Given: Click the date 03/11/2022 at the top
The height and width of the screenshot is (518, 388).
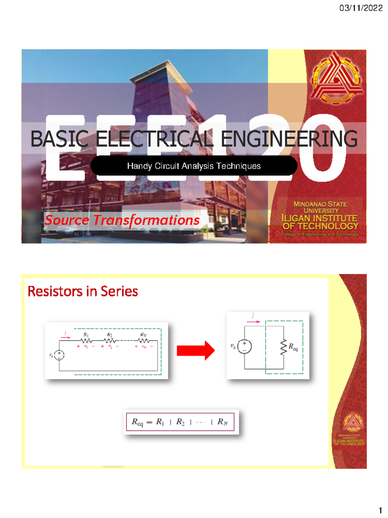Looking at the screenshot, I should click(361, 8).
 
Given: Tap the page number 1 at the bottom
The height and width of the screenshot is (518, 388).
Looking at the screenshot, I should click(380, 511).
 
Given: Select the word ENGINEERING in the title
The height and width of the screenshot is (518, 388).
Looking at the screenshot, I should click(289, 139).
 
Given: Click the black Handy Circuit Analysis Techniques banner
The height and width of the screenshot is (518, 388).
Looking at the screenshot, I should click(194, 166).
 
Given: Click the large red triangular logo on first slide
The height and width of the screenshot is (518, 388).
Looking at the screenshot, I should click(336, 78).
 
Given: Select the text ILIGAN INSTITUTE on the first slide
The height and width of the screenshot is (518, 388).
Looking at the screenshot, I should click(319, 218).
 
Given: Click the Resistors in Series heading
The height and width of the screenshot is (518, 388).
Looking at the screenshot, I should click(83, 291).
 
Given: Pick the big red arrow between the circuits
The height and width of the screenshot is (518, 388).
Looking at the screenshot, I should click(196, 350).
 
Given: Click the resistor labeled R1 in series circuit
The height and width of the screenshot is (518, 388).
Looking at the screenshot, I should click(86, 341).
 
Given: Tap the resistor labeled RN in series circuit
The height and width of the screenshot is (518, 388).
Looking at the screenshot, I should click(143, 341).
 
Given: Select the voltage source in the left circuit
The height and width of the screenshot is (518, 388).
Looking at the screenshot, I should click(59, 355).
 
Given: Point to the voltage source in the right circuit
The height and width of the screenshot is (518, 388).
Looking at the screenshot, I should click(244, 346).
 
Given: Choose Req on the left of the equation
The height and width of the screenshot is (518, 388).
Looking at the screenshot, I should click(137, 422).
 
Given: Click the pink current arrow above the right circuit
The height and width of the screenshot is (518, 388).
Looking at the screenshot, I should click(253, 321).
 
